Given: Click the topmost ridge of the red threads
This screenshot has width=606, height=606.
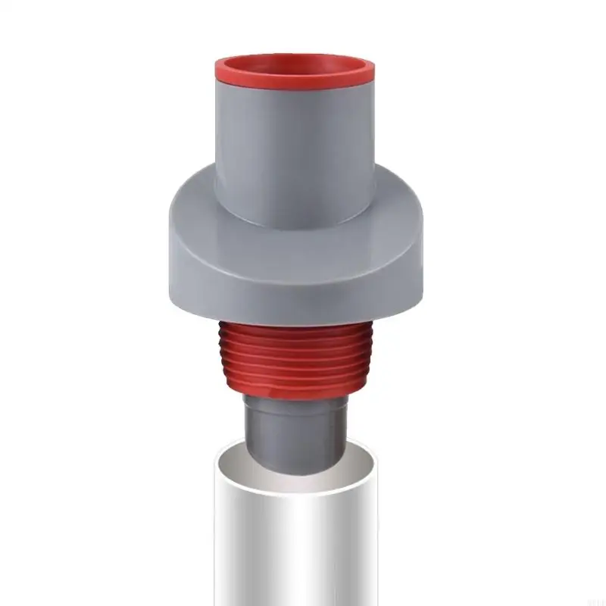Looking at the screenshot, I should pyautogui.click(x=295, y=327).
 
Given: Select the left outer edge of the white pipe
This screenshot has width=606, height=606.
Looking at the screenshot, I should pyautogui.click(x=214, y=545).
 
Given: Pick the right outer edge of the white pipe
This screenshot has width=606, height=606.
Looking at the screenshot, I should pyautogui.click(x=378, y=545).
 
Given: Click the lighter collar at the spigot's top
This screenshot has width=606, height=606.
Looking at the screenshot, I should pyautogui.click(x=295, y=405).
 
